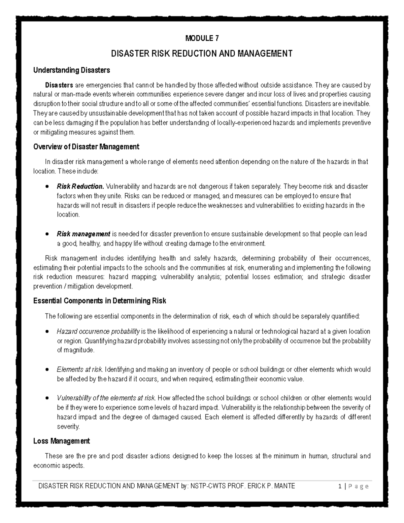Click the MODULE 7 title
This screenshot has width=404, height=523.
(x=202, y=38)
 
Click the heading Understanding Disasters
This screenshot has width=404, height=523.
(x=71, y=70)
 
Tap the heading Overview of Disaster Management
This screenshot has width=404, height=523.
(x=86, y=147)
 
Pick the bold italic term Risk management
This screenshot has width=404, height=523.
(x=83, y=234)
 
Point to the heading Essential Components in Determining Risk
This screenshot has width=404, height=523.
(x=100, y=301)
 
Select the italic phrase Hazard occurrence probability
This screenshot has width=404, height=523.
(x=98, y=331)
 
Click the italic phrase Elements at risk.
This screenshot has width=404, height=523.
(x=79, y=369)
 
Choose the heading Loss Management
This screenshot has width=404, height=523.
(x=62, y=441)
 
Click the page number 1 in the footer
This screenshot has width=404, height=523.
(x=341, y=486)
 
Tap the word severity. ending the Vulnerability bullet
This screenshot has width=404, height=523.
(x=68, y=427)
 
